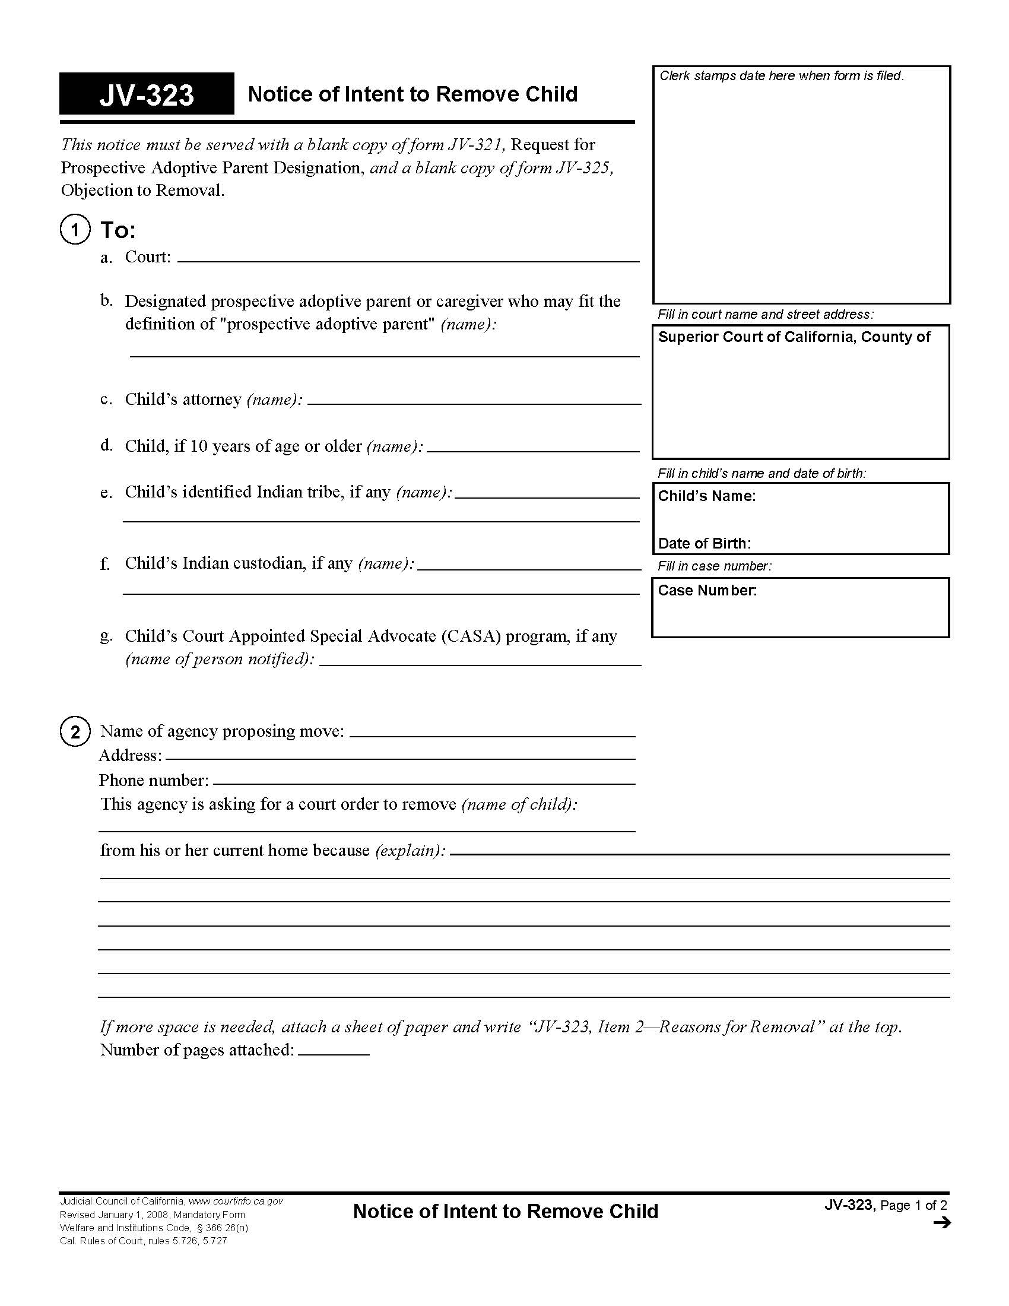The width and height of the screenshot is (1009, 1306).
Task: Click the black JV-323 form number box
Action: point(147,94)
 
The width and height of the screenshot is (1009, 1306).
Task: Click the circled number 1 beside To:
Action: point(75,230)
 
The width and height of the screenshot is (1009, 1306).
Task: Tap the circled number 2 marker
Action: point(75,732)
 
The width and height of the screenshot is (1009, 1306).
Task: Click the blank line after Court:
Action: point(408,257)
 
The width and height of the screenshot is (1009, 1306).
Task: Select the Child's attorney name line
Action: point(474,400)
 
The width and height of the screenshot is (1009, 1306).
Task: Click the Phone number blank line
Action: point(424,779)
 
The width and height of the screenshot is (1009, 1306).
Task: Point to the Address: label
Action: point(131,756)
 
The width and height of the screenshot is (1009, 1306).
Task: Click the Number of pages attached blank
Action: point(334,1050)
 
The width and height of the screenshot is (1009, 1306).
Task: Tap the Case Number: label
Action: point(707,591)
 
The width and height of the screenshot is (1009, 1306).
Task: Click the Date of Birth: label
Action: point(704,544)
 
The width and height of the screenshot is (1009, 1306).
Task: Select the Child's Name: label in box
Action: point(706,496)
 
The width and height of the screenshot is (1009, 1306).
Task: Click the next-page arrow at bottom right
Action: point(941,1223)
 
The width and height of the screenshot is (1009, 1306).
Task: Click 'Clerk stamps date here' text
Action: point(781,76)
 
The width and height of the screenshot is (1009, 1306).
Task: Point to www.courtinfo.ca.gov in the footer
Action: point(236,1201)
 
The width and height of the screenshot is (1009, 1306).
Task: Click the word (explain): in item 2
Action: point(410,851)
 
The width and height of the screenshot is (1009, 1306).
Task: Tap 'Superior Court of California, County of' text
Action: point(794,337)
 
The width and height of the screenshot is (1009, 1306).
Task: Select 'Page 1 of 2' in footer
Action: point(913,1205)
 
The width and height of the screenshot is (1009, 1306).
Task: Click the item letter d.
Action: point(106,445)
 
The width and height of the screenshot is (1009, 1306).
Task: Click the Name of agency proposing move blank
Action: point(492,732)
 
